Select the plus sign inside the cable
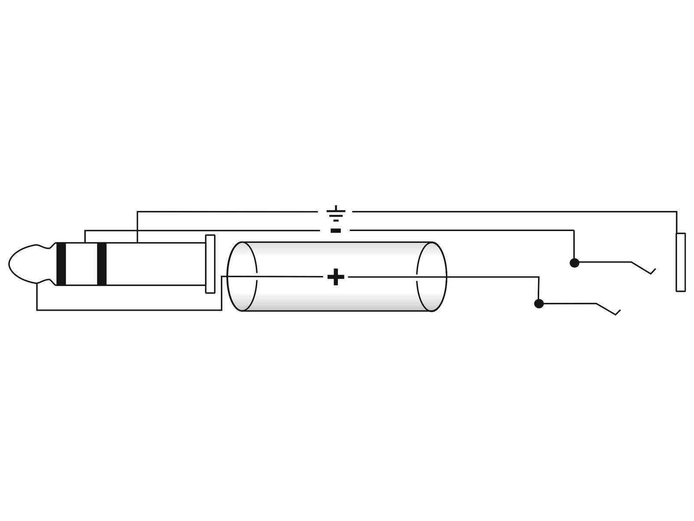(x=335, y=277)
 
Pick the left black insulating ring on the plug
(x=61, y=264)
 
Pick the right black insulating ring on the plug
(x=102, y=264)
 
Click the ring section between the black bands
(x=82, y=264)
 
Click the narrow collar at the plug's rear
(x=210, y=264)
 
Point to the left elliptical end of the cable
(x=242, y=277)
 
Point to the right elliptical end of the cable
(x=432, y=277)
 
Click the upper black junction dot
(x=574, y=263)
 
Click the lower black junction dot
(x=539, y=303)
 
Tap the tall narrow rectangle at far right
(x=681, y=262)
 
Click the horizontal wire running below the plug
(x=130, y=310)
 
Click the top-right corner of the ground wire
(x=677, y=212)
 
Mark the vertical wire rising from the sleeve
(x=137, y=227)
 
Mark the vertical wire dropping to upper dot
(x=574, y=245)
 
